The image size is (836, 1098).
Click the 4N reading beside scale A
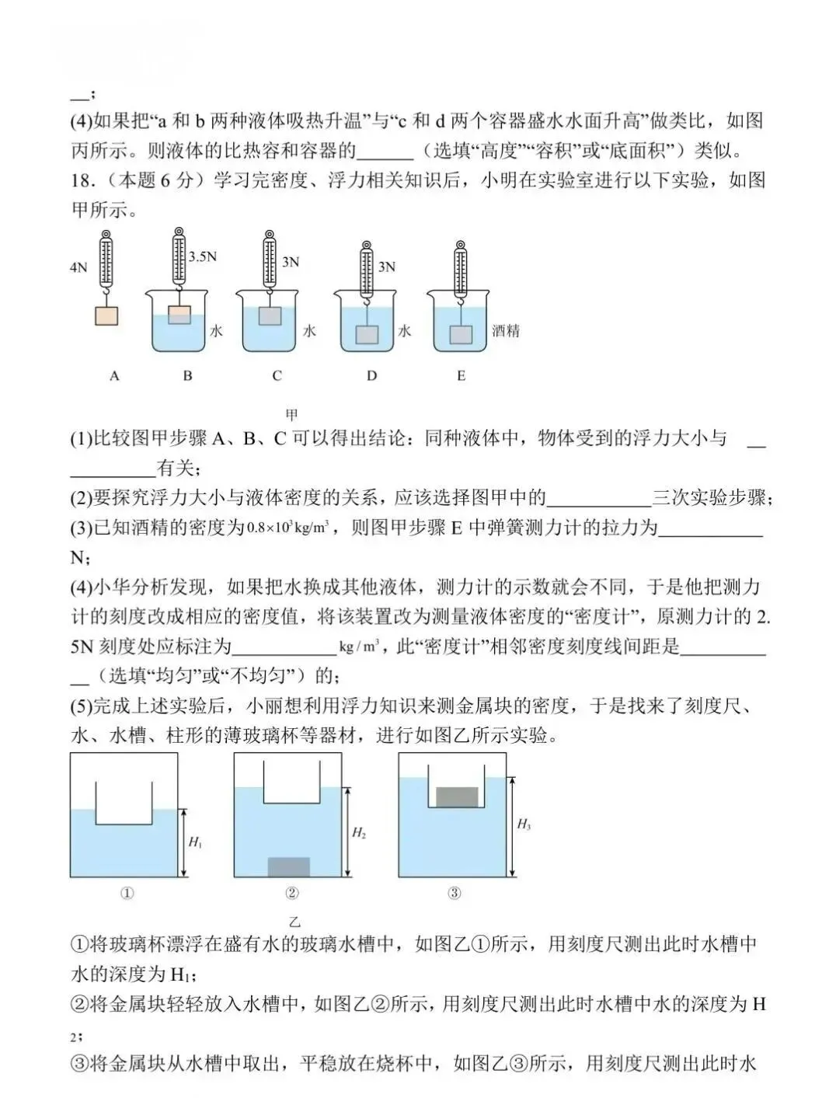78,267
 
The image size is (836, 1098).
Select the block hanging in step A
106,315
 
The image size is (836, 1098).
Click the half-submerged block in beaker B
179,315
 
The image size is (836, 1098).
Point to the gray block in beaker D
367,334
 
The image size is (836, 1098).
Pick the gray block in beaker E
461,334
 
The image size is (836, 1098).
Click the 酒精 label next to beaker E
506,331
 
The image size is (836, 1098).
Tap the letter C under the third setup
277,376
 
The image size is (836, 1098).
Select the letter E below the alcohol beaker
461,376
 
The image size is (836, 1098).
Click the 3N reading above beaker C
291,262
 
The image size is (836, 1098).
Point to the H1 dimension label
195,842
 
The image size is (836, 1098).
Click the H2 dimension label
358,833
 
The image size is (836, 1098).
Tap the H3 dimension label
524,824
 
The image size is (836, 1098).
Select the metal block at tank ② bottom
288,866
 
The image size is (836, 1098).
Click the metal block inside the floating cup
457,796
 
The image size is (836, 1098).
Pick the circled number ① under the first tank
127,893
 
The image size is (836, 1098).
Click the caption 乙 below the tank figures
294,922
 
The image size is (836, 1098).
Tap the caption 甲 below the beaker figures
292,414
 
